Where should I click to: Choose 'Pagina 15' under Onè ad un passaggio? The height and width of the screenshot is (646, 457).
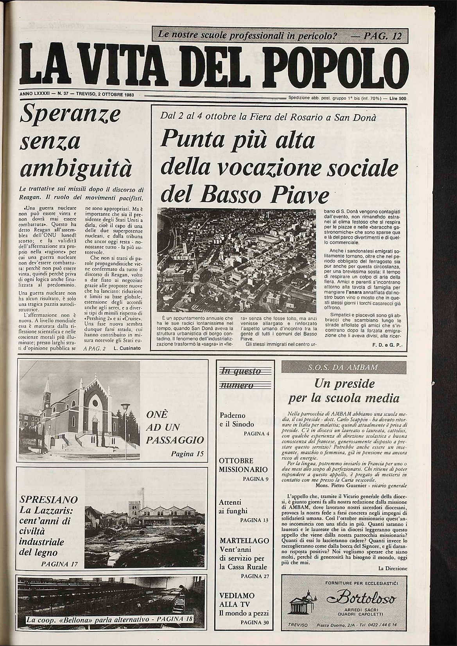click(188, 454)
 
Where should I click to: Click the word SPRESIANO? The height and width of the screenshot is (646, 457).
click(48, 499)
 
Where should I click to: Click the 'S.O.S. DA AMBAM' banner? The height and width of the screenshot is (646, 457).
click(344, 367)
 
